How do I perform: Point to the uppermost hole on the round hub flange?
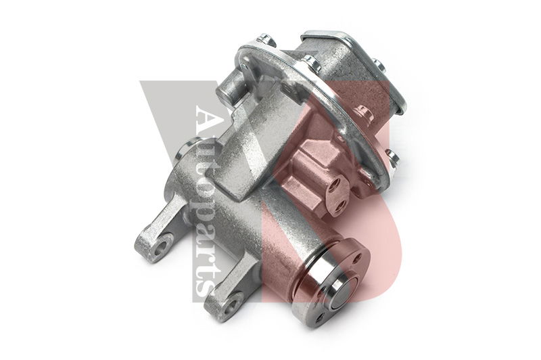pos(358,258)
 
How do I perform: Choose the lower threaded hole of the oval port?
pos(342,205)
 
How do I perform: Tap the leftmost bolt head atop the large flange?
pos(266,40)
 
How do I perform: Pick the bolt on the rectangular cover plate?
pos(379,65)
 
